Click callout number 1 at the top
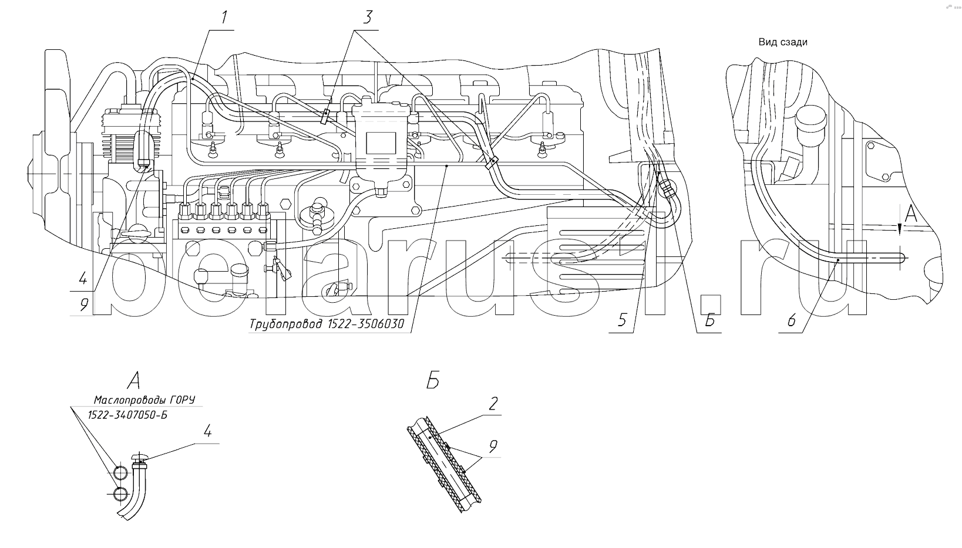click(224, 18)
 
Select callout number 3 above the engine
click(367, 18)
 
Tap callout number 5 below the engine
click(623, 320)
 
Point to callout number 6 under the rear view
click(792, 320)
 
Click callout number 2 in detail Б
click(493, 404)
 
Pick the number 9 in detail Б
click(493, 446)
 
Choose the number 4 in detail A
click(208, 431)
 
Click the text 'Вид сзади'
click(782, 42)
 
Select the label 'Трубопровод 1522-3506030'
click(327, 324)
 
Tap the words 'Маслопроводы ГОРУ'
click(144, 400)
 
